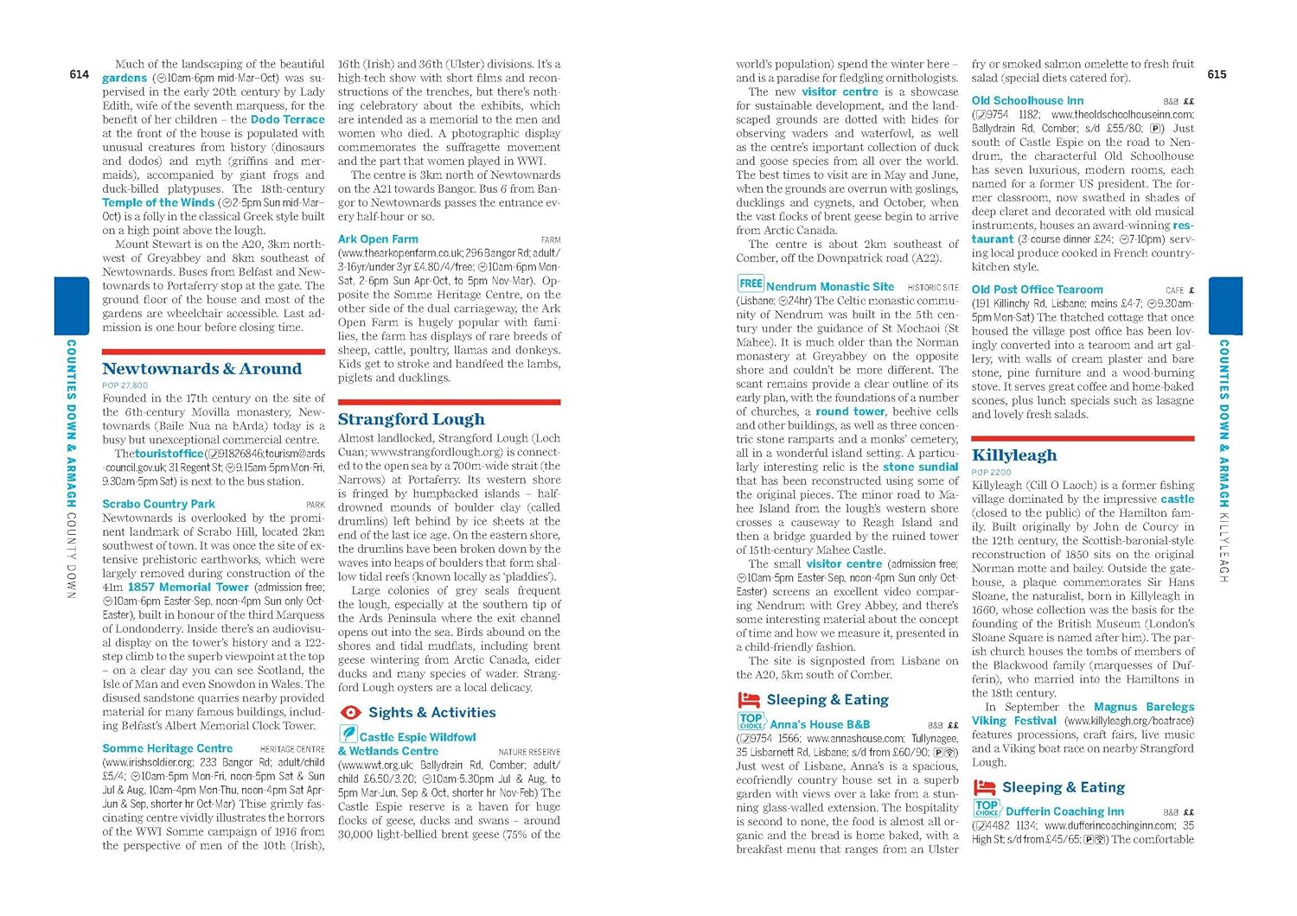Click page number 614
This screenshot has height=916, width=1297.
coord(79,74)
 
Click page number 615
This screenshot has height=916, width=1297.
coord(1217,74)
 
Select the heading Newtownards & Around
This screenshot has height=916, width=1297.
coord(201,369)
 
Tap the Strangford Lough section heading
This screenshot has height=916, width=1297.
coord(411,419)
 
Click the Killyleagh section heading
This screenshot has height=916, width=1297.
coord(1013,455)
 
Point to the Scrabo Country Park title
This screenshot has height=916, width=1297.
coord(158,504)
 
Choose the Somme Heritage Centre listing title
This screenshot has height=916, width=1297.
coord(167,748)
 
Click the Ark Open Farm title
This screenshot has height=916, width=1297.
coord(378,239)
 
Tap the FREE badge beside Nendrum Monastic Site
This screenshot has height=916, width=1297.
coord(750,283)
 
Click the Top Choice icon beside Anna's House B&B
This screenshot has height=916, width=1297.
coord(750,721)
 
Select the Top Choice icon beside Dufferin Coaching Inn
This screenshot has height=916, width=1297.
coord(986,808)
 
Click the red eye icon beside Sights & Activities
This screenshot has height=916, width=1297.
coord(350,713)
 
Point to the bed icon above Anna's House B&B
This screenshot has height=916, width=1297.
coord(748,700)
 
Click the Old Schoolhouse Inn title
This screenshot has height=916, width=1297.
coord(1027,100)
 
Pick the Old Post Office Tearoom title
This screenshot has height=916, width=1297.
coord(1037,289)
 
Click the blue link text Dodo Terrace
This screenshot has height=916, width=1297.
coord(288,119)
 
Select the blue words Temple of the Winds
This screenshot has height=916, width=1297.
coord(158,202)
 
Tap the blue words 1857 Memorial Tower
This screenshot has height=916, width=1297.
coord(188,587)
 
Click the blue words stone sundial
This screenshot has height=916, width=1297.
coord(920,467)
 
